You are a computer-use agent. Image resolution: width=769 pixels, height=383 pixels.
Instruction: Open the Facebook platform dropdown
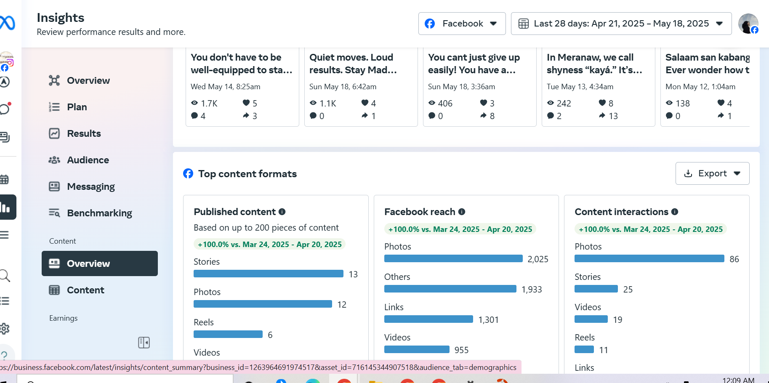pos(462,24)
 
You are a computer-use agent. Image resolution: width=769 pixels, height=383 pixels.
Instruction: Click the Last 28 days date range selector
pos(621,24)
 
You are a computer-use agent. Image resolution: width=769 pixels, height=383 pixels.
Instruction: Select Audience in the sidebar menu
pos(88,160)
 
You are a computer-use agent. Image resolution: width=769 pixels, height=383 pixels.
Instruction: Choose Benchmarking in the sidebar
pos(99,213)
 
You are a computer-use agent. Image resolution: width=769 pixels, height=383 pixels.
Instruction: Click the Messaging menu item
pos(90,186)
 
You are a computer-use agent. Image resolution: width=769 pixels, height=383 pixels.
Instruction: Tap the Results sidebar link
pos(84,133)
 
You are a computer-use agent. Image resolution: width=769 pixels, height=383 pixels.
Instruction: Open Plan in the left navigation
pos(77,107)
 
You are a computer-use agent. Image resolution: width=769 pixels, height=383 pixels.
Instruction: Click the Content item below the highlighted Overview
pos(85,290)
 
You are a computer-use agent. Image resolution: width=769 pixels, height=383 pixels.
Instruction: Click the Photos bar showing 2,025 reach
pos(453,258)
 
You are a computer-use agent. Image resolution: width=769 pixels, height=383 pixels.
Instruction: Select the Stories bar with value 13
pos(268,274)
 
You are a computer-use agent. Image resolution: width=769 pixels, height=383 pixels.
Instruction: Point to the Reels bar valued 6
pos(228,334)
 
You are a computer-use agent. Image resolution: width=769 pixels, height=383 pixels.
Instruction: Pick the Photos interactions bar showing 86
pos(649,258)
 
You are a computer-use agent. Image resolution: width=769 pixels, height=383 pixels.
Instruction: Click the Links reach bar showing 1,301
pos(428,319)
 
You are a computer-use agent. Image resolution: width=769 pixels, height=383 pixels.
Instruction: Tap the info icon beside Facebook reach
pos(462,212)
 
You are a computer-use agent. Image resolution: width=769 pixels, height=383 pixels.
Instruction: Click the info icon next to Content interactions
pos(675,212)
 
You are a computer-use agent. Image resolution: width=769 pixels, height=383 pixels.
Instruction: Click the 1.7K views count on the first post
pos(209,103)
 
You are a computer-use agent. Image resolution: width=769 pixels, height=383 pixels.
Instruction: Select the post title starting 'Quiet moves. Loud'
pos(353,64)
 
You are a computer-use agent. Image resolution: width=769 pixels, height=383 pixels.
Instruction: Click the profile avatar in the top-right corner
pos(748,24)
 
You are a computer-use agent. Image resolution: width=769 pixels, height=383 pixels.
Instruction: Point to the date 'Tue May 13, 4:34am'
pos(580,87)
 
